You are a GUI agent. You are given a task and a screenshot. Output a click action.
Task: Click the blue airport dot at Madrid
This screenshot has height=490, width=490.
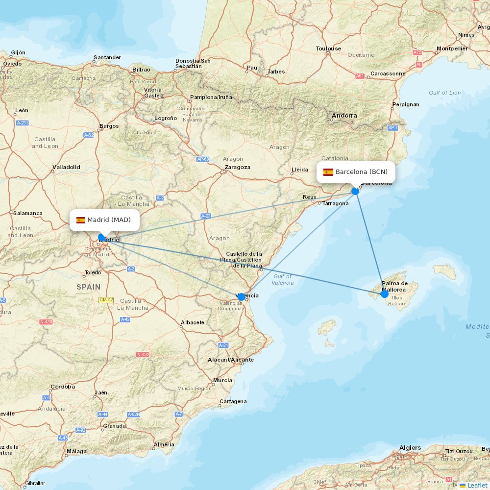coord(102,238)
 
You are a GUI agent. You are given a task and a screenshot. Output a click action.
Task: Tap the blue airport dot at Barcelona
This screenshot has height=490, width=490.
coord(355,191)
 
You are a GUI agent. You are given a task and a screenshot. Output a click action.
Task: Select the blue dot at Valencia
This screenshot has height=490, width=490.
coord(242,297)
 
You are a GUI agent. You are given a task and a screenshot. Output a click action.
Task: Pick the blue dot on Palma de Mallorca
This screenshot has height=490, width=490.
coord(385,294)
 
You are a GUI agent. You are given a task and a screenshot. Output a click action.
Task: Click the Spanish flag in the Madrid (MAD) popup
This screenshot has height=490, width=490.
coord(80,220)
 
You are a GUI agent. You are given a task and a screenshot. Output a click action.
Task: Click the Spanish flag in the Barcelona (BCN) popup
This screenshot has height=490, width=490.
coord(328,172)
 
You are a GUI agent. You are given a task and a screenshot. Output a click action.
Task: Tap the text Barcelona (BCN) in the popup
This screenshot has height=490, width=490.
coord(362,172)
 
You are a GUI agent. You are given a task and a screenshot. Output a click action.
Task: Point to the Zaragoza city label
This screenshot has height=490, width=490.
coord(237,167)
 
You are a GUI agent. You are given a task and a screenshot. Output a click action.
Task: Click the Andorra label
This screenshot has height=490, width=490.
coord(344,116)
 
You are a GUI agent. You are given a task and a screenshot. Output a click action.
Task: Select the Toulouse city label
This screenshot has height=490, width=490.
coord(328,49)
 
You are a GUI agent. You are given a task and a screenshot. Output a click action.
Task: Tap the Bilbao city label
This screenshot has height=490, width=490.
coord(141,70)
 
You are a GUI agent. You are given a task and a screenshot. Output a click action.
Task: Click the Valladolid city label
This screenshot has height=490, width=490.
coord(66,167)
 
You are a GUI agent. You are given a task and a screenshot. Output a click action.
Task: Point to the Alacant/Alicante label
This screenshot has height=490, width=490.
coord(230,360)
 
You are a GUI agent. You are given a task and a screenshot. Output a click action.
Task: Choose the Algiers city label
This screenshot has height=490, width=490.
coord(410,448)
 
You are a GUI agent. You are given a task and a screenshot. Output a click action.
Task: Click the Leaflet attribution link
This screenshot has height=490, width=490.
coord(477,485)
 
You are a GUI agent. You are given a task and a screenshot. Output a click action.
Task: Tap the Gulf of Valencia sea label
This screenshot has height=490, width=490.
coord(282,279)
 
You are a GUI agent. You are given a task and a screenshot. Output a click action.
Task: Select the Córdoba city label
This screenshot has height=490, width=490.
coord(63,387)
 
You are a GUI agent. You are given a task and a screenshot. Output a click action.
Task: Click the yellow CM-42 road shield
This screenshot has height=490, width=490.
coord(106,300)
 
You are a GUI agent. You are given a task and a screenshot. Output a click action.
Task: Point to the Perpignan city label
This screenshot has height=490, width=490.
coord(406,104)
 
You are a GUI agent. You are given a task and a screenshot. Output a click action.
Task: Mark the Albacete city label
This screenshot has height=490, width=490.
coord(193,322)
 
